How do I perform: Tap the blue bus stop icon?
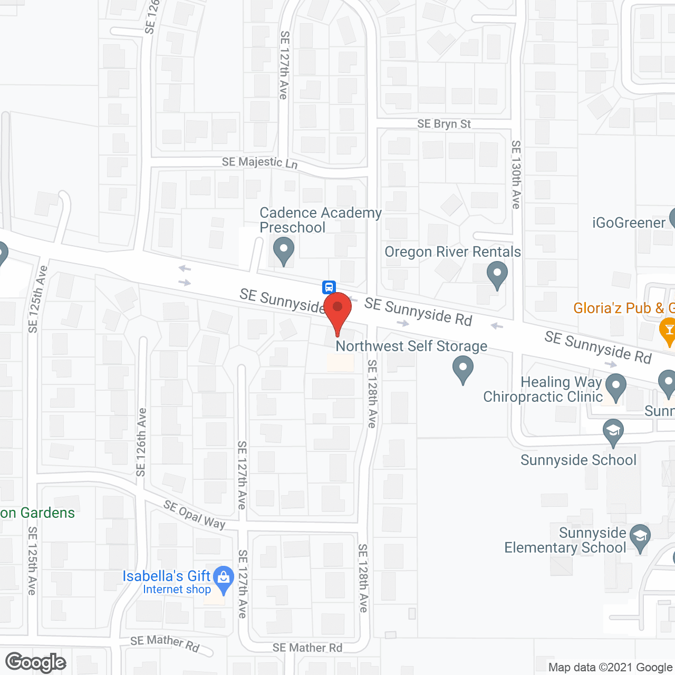point(329,287)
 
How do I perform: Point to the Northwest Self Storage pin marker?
point(463,369)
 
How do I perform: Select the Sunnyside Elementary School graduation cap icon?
point(640,537)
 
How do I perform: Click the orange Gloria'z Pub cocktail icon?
point(668,330)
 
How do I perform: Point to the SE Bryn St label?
point(444,124)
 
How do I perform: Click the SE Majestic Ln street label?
point(259,162)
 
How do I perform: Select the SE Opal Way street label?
point(194,514)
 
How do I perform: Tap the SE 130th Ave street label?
point(516,174)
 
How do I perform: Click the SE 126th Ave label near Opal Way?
point(141,442)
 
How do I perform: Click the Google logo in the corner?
point(36,662)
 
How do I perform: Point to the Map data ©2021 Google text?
point(610,667)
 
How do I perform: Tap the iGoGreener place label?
point(629,223)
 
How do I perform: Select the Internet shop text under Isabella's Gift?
point(177,590)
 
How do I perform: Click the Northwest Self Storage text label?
point(411,346)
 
